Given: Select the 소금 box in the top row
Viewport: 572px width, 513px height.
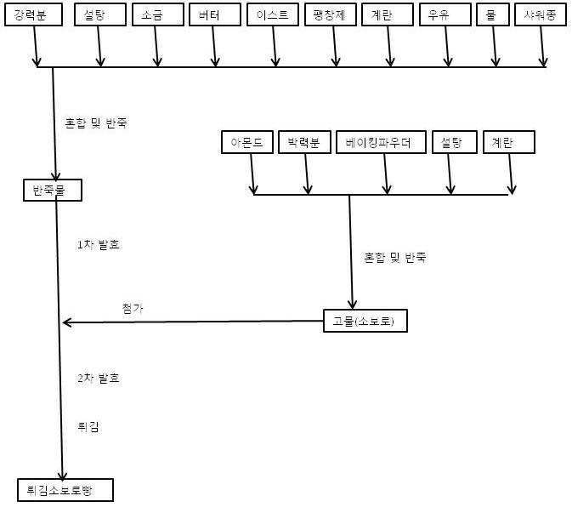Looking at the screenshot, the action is (154, 15).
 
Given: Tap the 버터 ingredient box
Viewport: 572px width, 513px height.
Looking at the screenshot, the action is (210, 15).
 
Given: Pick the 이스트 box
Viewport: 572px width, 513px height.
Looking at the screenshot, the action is (272, 15).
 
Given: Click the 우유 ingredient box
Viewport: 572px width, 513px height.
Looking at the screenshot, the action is (443, 15).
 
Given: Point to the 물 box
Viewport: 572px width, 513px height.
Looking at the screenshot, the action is (492, 15).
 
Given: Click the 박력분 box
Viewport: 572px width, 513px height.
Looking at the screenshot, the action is (303, 142).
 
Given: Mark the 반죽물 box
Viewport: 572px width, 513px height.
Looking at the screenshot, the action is (52, 190).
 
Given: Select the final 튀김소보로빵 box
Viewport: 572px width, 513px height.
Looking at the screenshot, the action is (64, 489).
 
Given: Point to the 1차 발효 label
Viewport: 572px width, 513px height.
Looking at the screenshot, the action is (98, 245).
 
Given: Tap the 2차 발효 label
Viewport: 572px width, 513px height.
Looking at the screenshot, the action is (98, 378).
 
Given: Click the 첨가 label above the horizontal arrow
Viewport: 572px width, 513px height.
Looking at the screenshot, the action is (133, 308).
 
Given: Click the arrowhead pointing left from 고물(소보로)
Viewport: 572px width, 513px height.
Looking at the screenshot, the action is (67, 322).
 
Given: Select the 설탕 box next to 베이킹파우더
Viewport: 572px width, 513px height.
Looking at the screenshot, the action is (451, 142).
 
